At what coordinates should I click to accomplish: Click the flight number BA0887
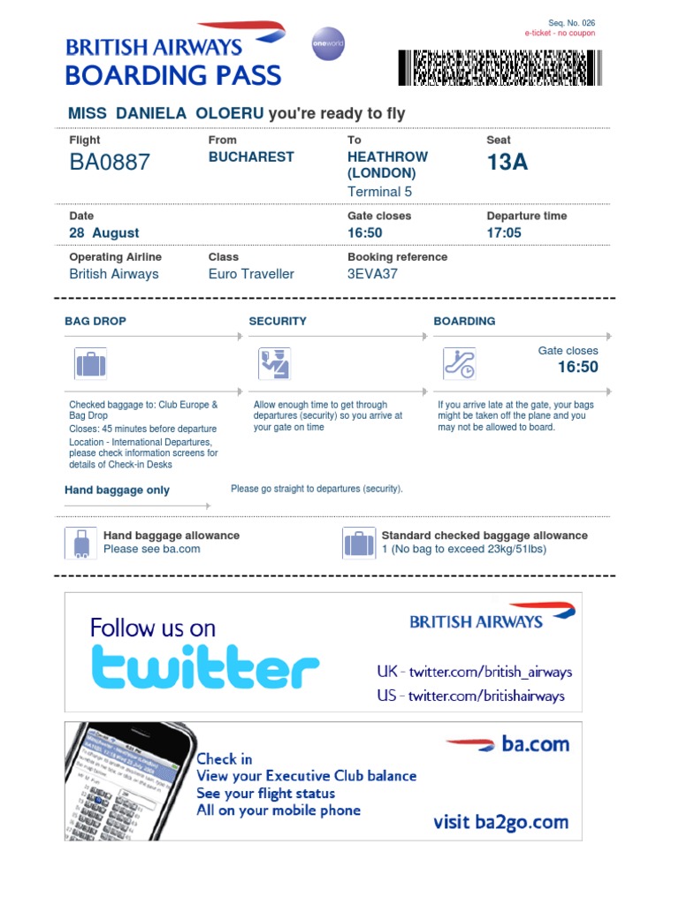tap(110, 162)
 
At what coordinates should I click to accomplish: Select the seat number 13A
tap(507, 162)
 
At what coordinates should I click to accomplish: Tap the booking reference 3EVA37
tap(372, 274)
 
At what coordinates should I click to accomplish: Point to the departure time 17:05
tap(504, 233)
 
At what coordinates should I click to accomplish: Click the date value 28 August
tap(104, 233)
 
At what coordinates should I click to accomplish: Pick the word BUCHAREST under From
tap(251, 156)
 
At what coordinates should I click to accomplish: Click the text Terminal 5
tap(379, 192)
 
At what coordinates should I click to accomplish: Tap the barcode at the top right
tap(500, 67)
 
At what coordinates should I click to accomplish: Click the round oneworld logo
tap(328, 43)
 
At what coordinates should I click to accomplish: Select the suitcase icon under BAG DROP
tap(90, 364)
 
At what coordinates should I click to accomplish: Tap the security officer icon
tap(274, 364)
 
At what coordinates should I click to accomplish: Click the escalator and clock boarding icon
tap(459, 364)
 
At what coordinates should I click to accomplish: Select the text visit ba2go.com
tap(500, 823)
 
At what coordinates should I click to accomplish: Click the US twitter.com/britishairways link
tap(470, 696)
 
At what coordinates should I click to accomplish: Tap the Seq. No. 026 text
tap(565, 23)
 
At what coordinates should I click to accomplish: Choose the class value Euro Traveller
tap(251, 274)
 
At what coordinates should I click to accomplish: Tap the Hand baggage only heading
tap(117, 491)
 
